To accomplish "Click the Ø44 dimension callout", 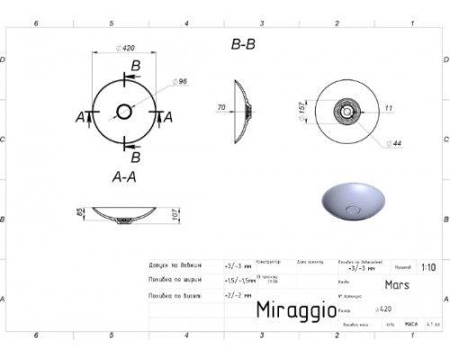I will (393, 144).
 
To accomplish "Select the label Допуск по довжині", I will (176, 266).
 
